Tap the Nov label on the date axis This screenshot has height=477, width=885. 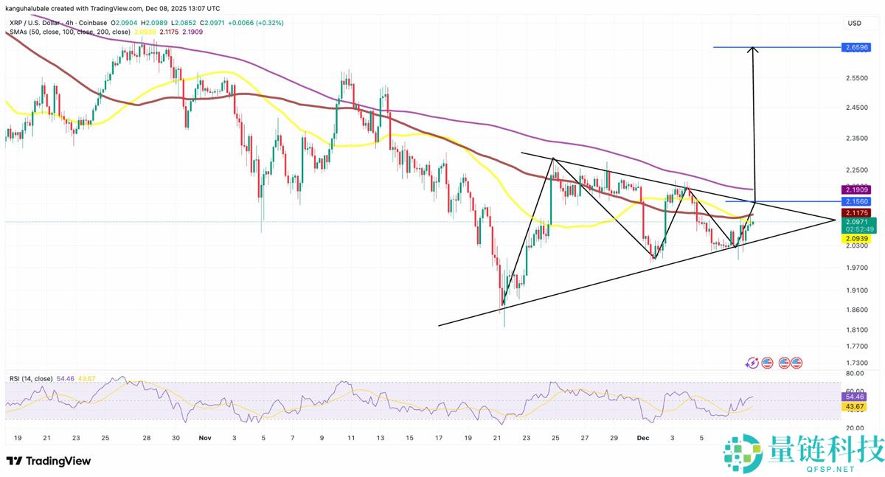pos(205,437)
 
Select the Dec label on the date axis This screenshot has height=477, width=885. pos(643,437)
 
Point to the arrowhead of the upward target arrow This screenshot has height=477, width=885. pos(753,49)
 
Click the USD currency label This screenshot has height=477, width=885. pos(855,24)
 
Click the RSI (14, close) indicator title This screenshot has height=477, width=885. pos(30,379)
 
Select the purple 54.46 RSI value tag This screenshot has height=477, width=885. pos(855,397)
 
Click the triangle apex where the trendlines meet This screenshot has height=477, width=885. pos(836,219)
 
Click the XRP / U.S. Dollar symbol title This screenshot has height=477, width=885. pos(44,23)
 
